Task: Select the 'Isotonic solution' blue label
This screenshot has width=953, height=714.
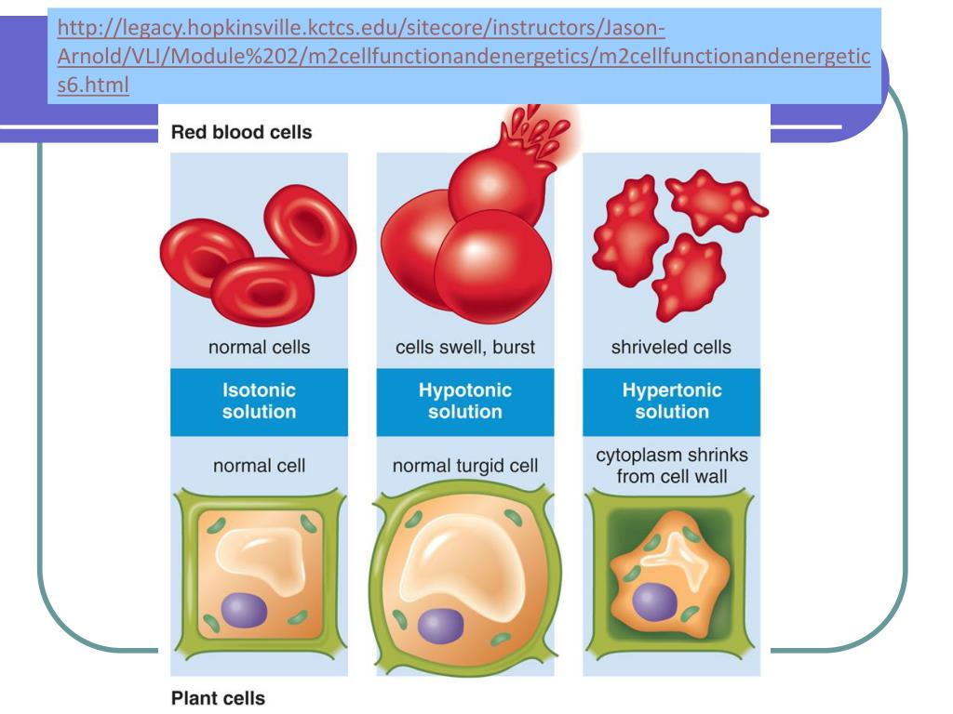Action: tap(259, 402)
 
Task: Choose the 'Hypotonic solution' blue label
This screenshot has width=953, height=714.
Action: tap(465, 402)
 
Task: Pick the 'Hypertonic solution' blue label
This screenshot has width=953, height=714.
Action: tap(671, 402)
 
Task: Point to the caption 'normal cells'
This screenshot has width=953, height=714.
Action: tap(259, 348)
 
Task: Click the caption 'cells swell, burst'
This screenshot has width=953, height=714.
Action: tap(465, 348)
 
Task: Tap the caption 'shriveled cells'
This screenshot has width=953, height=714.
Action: tap(671, 348)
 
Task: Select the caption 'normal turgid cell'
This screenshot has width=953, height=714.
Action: tap(465, 464)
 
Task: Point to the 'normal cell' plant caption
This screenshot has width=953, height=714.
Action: tap(259, 464)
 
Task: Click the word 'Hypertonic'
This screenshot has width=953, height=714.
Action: tap(671, 391)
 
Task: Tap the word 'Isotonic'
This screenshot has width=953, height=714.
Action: tap(259, 391)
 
